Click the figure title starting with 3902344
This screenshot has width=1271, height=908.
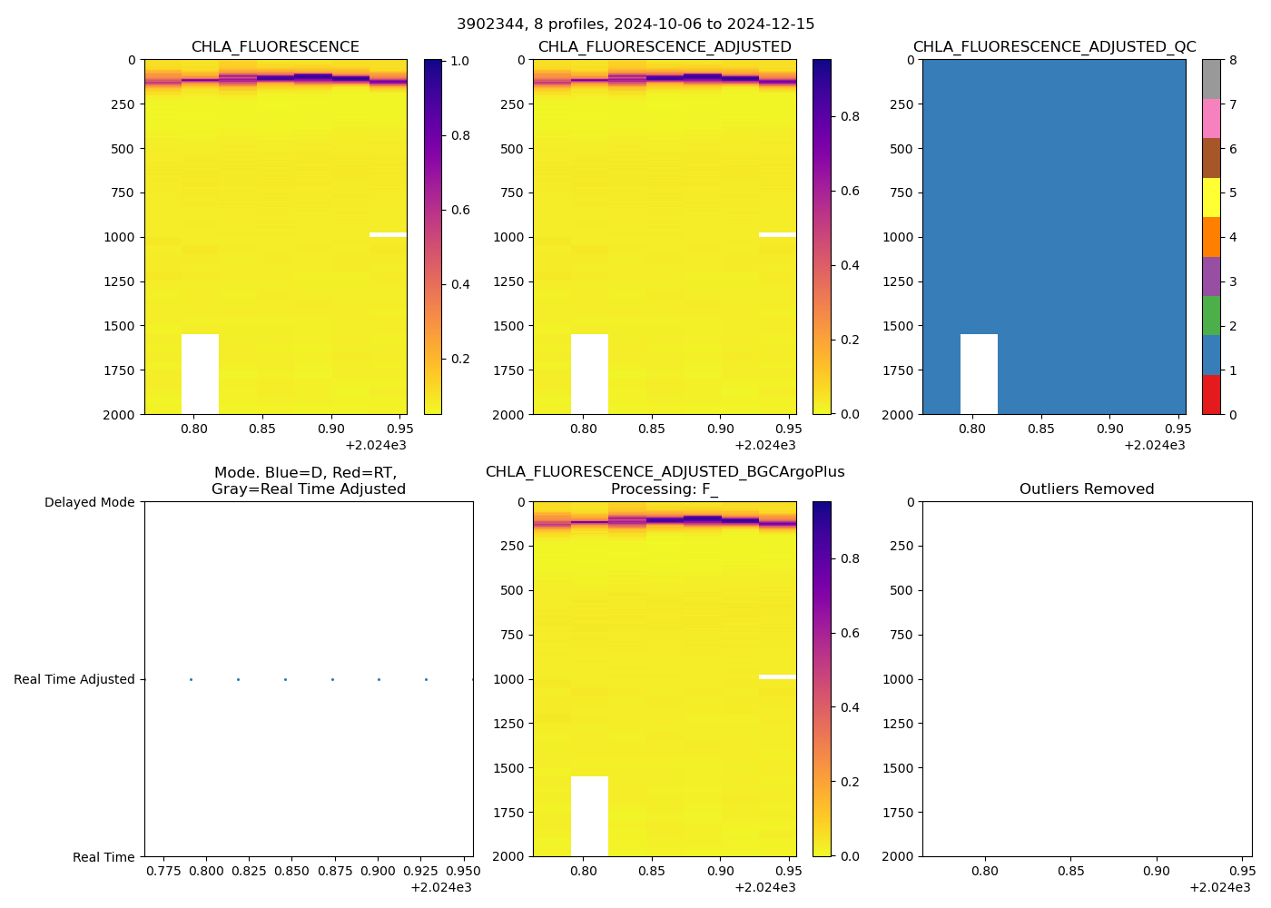pyautogui.click(x=635, y=25)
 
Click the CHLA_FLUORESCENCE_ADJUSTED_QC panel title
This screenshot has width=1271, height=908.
pyautogui.click(x=1054, y=47)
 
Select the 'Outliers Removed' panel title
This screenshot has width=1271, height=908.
pyautogui.click(x=1087, y=489)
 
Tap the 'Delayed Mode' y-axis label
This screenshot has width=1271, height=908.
pyautogui.click(x=89, y=502)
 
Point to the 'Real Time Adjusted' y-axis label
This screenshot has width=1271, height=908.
pyautogui.click(x=74, y=679)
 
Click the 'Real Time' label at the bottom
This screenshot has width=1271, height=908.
pyautogui.click(x=103, y=857)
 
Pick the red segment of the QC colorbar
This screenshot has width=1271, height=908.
pyautogui.click(x=1211, y=395)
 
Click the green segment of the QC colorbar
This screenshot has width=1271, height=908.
pyautogui.click(x=1211, y=316)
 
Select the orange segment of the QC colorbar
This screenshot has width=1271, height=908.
pyautogui.click(x=1211, y=237)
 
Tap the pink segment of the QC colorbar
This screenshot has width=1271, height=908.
pyautogui.click(x=1211, y=119)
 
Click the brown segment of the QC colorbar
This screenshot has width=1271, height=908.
pyautogui.click(x=1211, y=158)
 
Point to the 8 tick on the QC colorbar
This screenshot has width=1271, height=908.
pyautogui.click(x=1233, y=60)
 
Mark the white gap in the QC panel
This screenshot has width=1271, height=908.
pyautogui.click(x=979, y=373)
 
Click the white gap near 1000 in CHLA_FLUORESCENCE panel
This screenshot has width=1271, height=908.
pyautogui.click(x=388, y=235)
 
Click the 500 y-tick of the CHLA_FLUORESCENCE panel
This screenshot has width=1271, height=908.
pyautogui.click(x=124, y=149)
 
